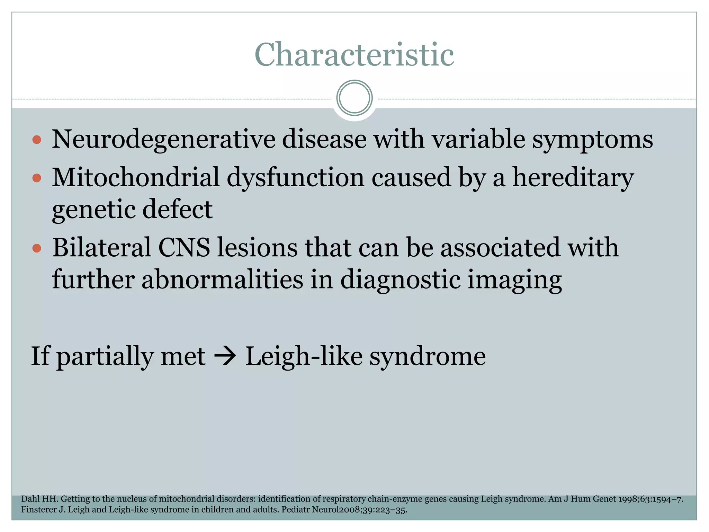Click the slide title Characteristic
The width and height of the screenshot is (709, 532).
coord(354,54)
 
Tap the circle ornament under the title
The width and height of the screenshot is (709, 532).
coord(354,98)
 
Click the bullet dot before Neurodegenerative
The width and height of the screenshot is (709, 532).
coord(37,140)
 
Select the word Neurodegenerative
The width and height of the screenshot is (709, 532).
coord(163,140)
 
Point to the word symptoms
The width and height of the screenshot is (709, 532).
coord(592,140)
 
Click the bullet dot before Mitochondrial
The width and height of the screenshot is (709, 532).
coord(37,178)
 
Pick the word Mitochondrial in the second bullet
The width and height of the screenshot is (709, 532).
coord(136,177)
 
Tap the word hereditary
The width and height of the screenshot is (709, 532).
coord(573,177)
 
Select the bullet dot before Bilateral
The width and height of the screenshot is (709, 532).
coord(37,248)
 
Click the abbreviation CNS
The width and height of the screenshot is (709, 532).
coord(184,248)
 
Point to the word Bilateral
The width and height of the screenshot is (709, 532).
coord(102,248)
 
